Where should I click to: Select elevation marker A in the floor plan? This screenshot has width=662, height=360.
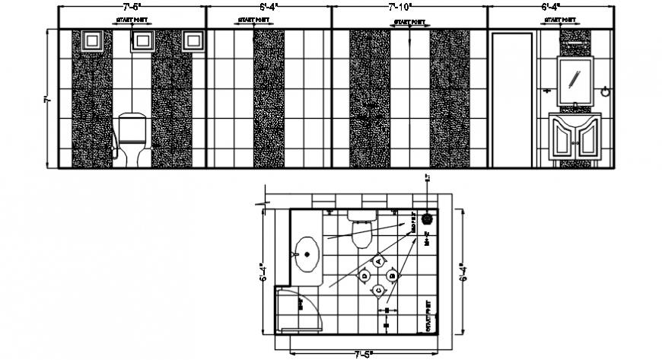[x=378, y=261]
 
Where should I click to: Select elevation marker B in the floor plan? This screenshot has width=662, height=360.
[x=392, y=276]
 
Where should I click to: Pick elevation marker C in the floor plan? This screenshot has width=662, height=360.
[x=378, y=290]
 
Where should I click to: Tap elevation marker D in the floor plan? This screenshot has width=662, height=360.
[x=364, y=276]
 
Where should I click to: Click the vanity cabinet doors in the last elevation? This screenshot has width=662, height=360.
[x=575, y=142]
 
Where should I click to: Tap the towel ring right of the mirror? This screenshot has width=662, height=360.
[x=606, y=91]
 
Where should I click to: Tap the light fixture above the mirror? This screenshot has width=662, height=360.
[x=576, y=44]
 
